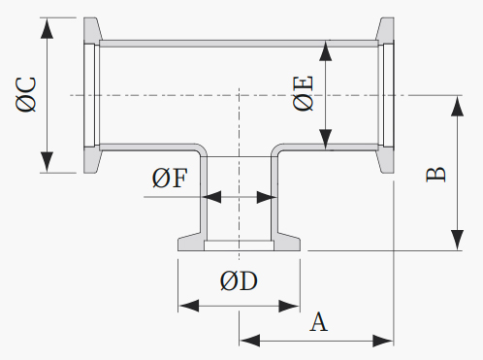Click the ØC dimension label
click(25, 94)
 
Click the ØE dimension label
click(303, 93)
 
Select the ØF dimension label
click(170, 178)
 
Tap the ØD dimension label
click(239, 280)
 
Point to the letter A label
click(319, 322)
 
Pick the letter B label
click(435, 175)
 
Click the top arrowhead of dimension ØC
click(48, 28)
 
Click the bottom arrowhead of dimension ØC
click(48, 162)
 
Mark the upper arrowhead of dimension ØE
click(326, 50)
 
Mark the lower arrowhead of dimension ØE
click(326, 140)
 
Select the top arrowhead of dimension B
click(457, 106)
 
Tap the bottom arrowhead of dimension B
click(457, 240)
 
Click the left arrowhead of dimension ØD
click(189, 306)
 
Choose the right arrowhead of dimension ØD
click(289, 306)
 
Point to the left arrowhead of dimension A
click(250, 341)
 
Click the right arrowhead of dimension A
click(383, 341)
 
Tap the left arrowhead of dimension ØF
click(211, 197)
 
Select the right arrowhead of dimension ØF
click(267, 197)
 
